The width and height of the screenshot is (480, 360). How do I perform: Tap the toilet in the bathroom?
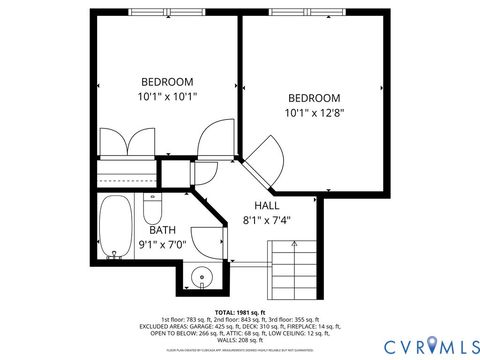pos(153,209)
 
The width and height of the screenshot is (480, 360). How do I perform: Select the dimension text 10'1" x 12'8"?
pos(314,114)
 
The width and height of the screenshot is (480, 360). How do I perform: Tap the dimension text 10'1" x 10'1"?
pos(166,97)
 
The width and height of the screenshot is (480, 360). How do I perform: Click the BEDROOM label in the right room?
pos(314,98)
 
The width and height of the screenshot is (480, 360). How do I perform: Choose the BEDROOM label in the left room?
pos(166,81)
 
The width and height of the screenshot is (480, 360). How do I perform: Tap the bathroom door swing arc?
pos(207,241)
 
